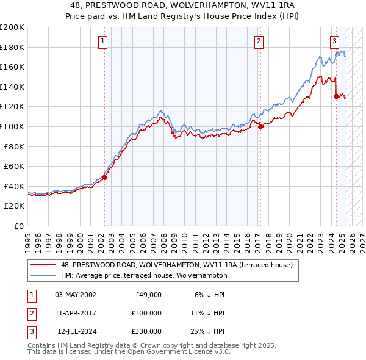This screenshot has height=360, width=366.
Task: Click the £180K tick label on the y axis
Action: pyautogui.click(x=12, y=47)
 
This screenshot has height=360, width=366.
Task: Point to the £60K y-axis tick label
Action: pyautogui.click(x=14, y=166)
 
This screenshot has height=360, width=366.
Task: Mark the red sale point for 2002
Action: pyautogui.click(x=104, y=178)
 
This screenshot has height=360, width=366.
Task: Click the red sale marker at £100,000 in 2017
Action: pyautogui.click(x=260, y=127)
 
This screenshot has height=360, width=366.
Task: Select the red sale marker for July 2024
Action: pyautogui.click(x=336, y=96)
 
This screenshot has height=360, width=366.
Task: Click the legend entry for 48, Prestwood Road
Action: pyautogui.click(x=177, y=265)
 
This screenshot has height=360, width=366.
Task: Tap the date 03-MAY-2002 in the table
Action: pyautogui.click(x=75, y=295)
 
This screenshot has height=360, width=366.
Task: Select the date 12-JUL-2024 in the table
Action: pyautogui.click(x=75, y=331)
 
